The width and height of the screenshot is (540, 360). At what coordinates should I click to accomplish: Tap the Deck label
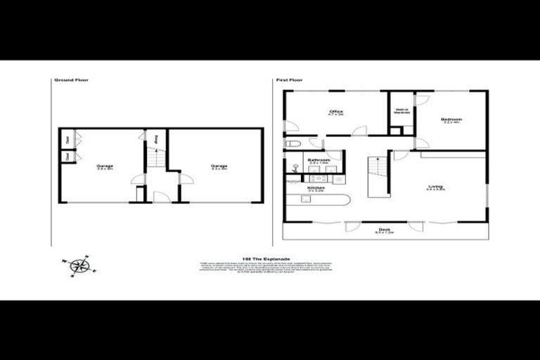[384, 230]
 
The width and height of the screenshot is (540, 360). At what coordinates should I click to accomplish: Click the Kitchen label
[314, 188]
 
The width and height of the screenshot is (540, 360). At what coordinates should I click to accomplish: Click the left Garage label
[105, 167]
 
